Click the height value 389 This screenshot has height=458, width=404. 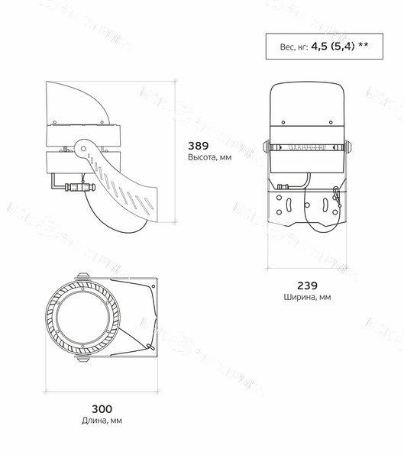pyautogui.click(x=199, y=144)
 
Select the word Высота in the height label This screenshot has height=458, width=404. pyautogui.click(x=200, y=157)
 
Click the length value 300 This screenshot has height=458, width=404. pyautogui.click(x=102, y=408)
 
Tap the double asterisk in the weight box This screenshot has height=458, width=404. pyautogui.click(x=363, y=45)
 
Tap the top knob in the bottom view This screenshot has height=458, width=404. pyautogui.click(x=82, y=277)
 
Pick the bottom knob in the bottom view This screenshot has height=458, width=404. pyautogui.click(x=82, y=355)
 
